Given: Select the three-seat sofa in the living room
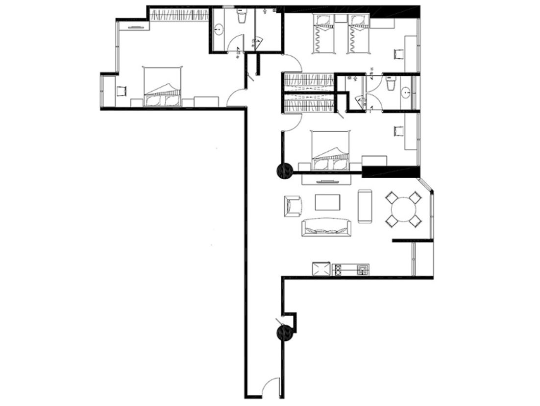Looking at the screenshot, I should tap(327, 227).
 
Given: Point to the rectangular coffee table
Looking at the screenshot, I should tap(327, 202).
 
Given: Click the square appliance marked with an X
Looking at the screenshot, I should tap(321, 269).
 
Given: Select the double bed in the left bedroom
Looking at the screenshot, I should tap(162, 87).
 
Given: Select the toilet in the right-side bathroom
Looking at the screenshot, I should tap(391, 85).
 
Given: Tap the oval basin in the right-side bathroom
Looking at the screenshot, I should tap(406, 92).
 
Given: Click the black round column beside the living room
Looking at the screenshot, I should tap(285, 171).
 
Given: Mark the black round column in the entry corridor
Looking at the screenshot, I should tap(285, 333).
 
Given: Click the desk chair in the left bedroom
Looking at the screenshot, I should tap(122, 91).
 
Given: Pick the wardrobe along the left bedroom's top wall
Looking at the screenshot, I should tap(179, 15).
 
